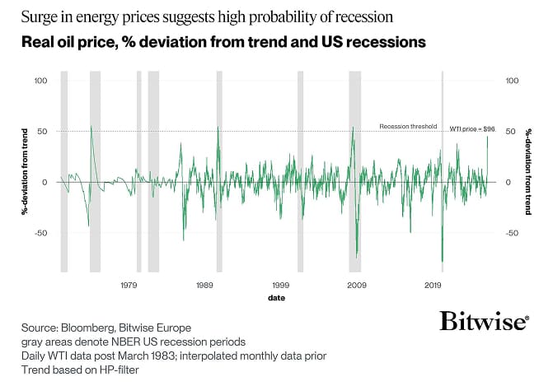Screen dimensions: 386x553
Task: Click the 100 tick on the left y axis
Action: [41, 81]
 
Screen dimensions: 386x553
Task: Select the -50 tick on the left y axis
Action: [41, 233]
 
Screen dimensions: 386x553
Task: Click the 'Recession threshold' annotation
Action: [407, 127]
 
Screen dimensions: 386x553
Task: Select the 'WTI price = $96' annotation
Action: [471, 129]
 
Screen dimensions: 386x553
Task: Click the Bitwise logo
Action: [483, 321]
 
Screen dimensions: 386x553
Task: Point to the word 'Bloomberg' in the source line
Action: [89, 327]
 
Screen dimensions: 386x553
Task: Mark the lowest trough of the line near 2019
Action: [443, 262]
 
